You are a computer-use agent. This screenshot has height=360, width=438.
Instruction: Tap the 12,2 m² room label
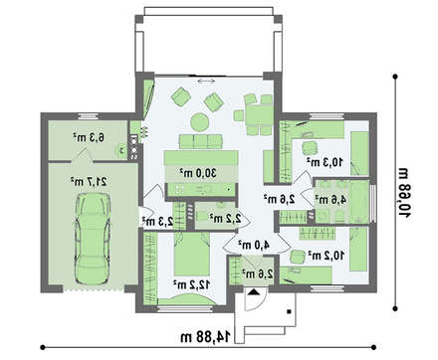coord(188,282)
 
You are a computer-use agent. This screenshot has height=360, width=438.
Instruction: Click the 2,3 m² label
coord(156,221)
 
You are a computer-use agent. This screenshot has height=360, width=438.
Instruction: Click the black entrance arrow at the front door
coord(254,292)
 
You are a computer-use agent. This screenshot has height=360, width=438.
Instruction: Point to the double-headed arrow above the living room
coord(208,81)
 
